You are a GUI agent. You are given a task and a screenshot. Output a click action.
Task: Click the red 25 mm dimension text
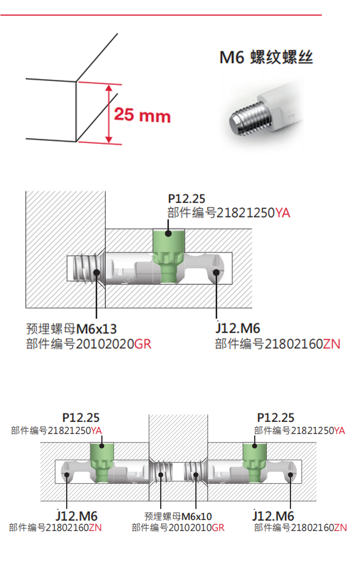tap(142, 115)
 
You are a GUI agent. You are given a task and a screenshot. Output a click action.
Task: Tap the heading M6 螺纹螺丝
tap(266, 58)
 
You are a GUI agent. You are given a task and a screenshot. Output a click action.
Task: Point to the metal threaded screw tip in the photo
tap(250, 118)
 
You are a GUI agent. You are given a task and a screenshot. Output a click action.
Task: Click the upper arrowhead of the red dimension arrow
tap(109, 88)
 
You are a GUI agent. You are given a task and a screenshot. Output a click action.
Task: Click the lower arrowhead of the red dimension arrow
tap(109, 140)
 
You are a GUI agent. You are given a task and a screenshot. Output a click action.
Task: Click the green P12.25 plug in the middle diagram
tap(168, 255)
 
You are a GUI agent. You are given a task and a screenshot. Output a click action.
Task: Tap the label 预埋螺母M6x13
tap(72, 329)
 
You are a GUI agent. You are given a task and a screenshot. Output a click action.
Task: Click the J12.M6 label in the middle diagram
tap(238, 328)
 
